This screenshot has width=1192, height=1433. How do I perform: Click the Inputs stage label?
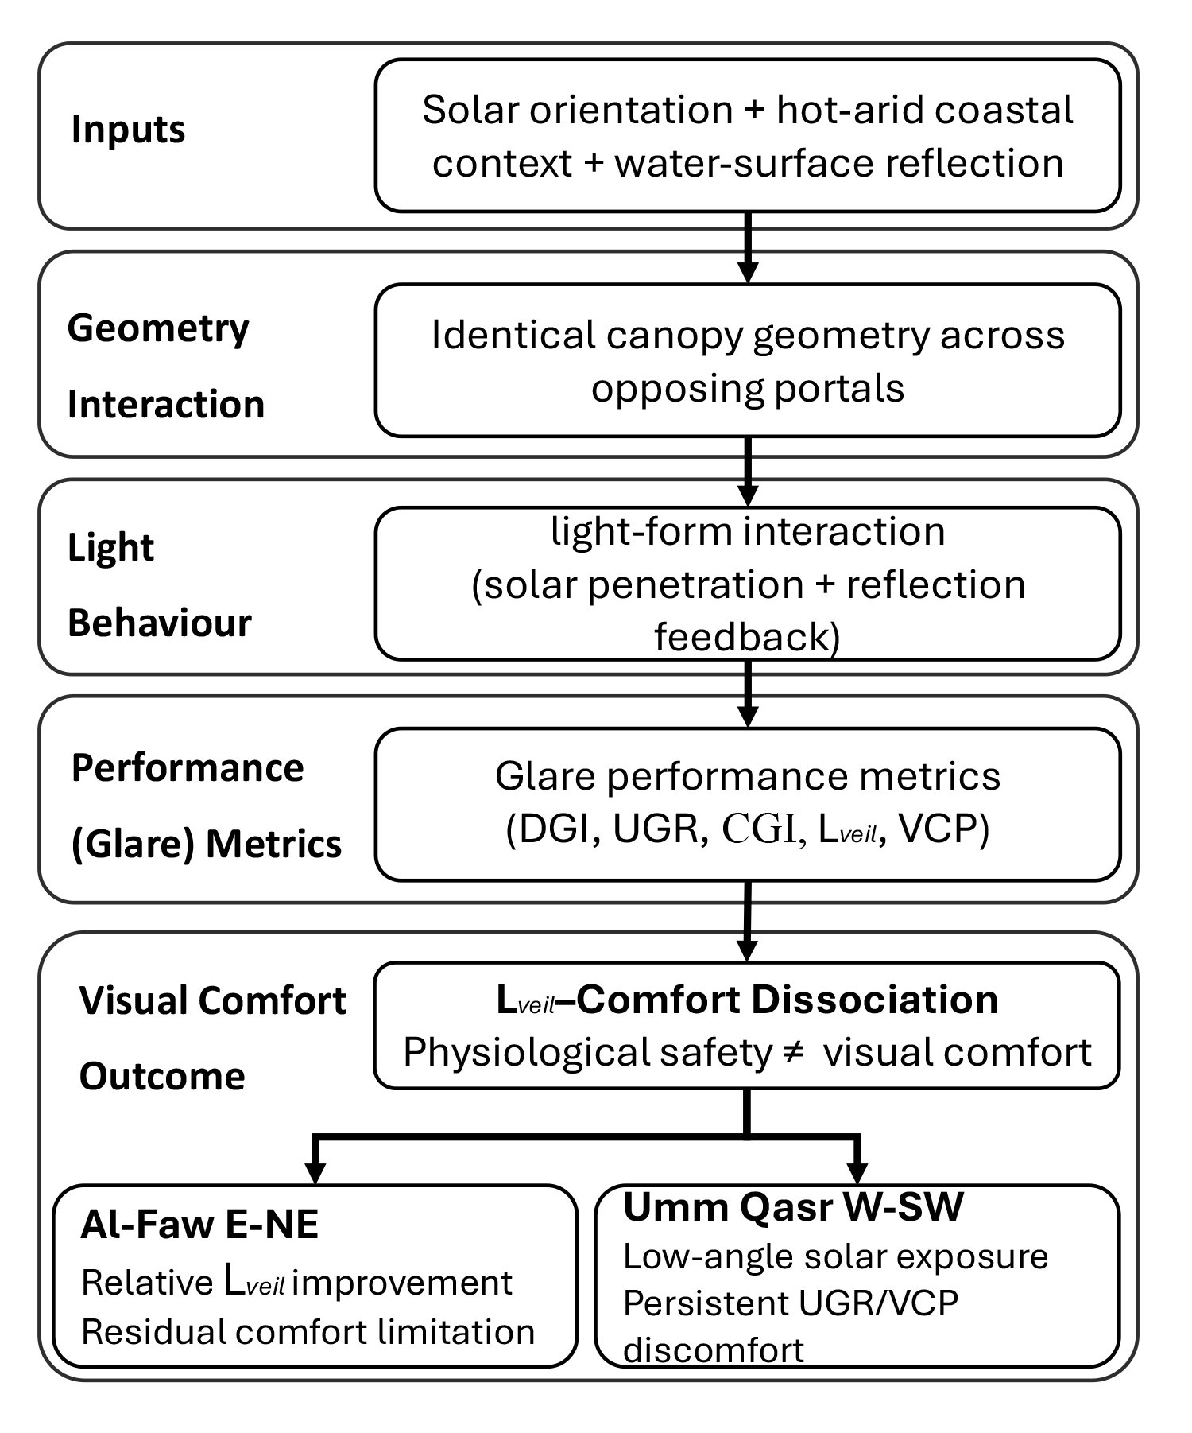(x=128, y=130)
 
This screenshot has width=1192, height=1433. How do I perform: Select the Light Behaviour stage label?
(x=159, y=584)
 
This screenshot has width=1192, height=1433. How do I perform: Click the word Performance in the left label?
(x=188, y=768)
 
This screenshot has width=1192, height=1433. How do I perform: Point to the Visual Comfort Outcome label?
(x=213, y=1038)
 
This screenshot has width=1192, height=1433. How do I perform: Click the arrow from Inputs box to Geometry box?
(x=747, y=247)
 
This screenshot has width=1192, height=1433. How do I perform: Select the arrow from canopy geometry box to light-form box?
(x=747, y=472)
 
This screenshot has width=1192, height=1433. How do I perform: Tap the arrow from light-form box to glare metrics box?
(x=747, y=693)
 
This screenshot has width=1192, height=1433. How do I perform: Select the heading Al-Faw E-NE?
(x=199, y=1225)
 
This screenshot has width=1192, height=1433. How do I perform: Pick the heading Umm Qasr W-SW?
(x=793, y=1207)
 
